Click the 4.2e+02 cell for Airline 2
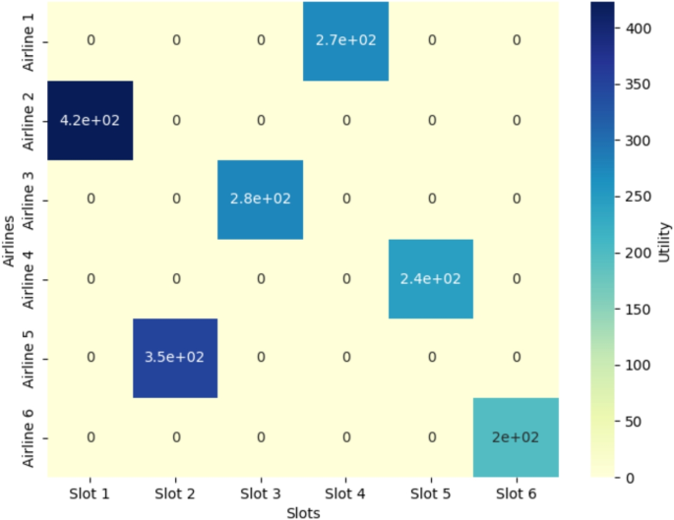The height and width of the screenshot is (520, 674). click(x=90, y=120)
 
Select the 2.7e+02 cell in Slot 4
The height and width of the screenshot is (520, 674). click(x=345, y=40)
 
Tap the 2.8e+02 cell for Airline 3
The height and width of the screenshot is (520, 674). click(x=260, y=199)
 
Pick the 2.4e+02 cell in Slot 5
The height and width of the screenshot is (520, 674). click(x=430, y=278)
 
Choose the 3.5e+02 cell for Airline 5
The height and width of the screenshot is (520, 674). click(x=175, y=358)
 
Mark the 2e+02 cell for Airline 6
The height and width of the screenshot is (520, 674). click(x=516, y=436)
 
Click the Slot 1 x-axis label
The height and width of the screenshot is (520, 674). click(x=90, y=491)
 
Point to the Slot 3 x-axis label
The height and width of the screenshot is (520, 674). click(x=260, y=491)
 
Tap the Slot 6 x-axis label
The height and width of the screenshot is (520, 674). click(x=516, y=491)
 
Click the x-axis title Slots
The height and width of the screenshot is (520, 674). click(x=303, y=511)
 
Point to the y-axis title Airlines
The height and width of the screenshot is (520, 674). click(x=9, y=239)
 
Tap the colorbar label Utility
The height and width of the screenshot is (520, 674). click(x=665, y=239)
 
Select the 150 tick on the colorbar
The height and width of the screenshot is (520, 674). click(x=638, y=309)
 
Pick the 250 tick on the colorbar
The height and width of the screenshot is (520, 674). click(x=638, y=197)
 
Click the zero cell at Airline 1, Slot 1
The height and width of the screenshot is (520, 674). click(x=90, y=40)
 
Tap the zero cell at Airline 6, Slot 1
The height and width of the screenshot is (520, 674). click(x=90, y=436)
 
